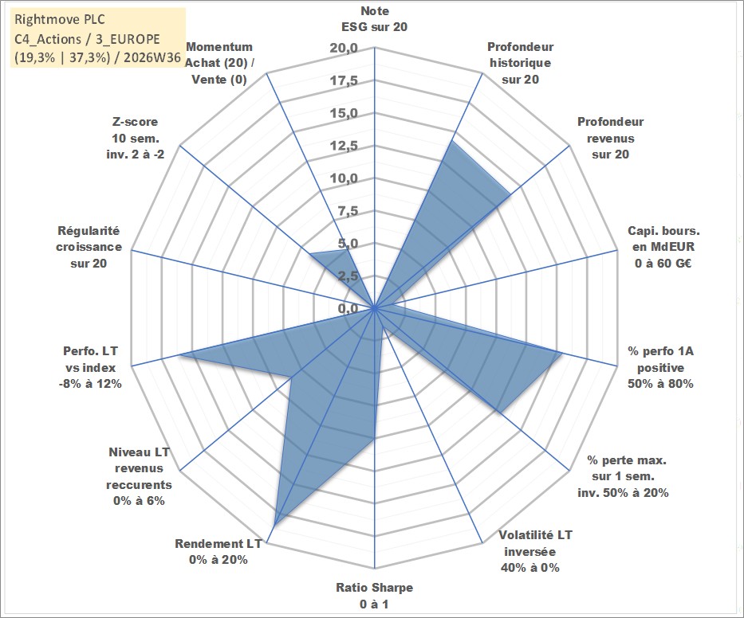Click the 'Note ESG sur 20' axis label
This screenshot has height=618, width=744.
(374, 19)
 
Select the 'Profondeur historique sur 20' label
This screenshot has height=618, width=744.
(520, 63)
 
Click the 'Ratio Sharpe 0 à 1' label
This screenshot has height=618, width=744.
(374, 596)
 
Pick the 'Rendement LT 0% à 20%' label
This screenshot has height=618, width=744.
(218, 552)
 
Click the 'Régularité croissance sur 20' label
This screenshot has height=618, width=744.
(89, 247)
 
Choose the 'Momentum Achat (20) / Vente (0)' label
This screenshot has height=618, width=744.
(219, 63)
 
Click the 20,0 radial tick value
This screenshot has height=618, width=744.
(344, 49)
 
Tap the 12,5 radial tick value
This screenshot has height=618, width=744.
(344, 146)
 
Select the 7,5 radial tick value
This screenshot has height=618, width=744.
(348, 211)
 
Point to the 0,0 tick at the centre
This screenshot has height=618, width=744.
(348, 308)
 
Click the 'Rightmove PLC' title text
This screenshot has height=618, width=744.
(60, 19)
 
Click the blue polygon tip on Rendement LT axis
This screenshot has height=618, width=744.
(275, 524)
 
